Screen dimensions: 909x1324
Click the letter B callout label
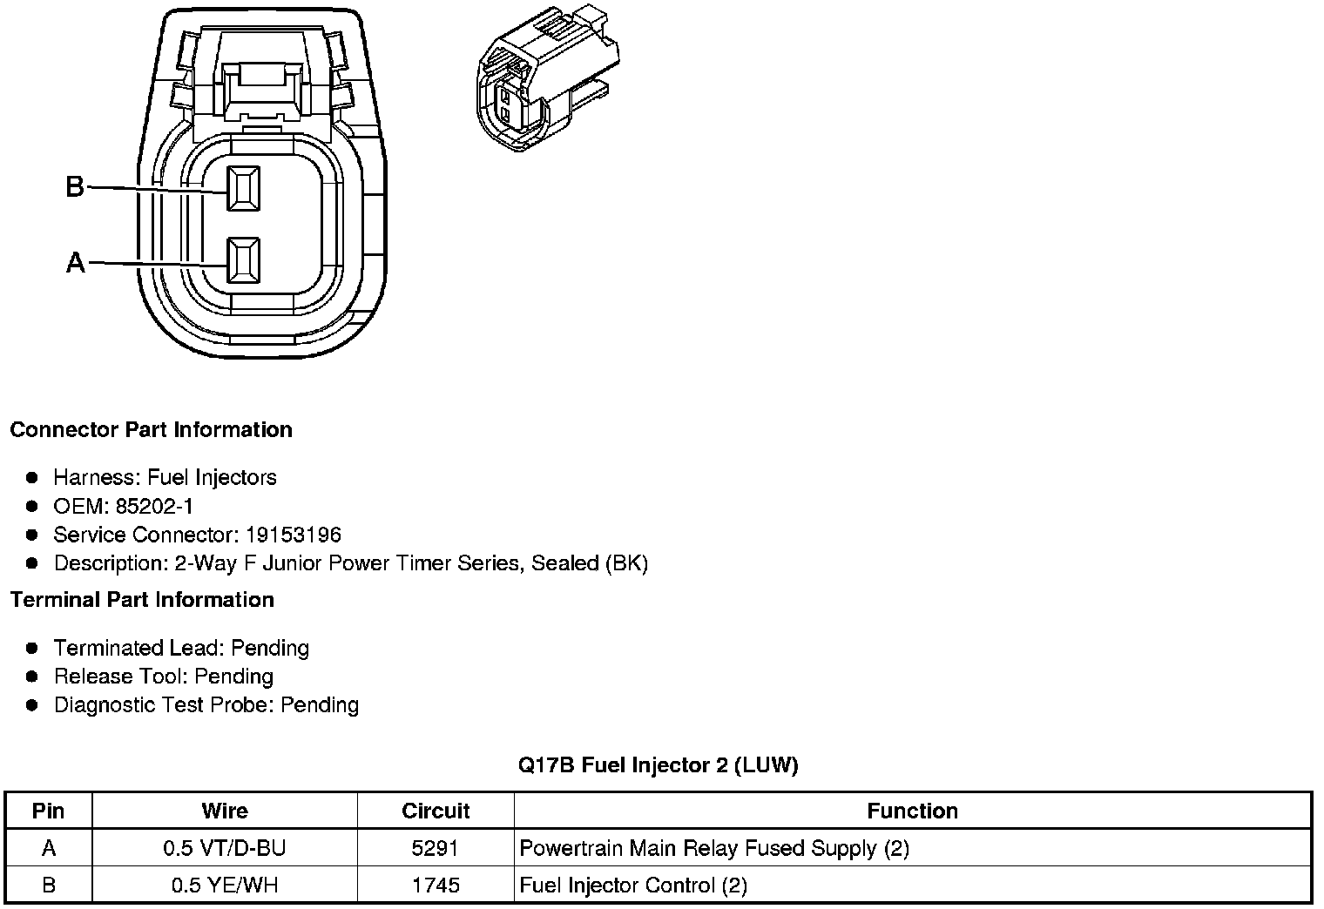[x=75, y=186]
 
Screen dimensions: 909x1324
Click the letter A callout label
[x=76, y=262]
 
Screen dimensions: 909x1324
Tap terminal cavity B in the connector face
[x=243, y=188]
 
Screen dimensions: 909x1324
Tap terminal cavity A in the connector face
[x=243, y=260]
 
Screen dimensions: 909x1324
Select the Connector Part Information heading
[x=151, y=430]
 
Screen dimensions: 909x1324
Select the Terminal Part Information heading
[x=142, y=600]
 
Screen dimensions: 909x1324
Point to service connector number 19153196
[x=294, y=535]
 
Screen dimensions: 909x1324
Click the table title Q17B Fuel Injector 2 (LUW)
[x=659, y=765]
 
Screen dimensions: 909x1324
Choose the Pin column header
[x=48, y=811]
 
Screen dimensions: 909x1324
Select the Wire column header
[x=225, y=811]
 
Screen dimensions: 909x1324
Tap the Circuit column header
[x=436, y=811]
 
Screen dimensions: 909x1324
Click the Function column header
[x=912, y=811]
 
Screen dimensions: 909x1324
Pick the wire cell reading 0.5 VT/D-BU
[x=225, y=848]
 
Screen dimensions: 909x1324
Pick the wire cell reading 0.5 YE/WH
[x=225, y=885]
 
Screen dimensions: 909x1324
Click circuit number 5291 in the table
[x=436, y=848]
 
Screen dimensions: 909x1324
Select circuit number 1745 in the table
[x=436, y=885]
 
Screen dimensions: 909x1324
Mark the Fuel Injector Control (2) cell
[x=633, y=885]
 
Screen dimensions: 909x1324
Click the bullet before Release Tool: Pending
[x=32, y=677]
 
